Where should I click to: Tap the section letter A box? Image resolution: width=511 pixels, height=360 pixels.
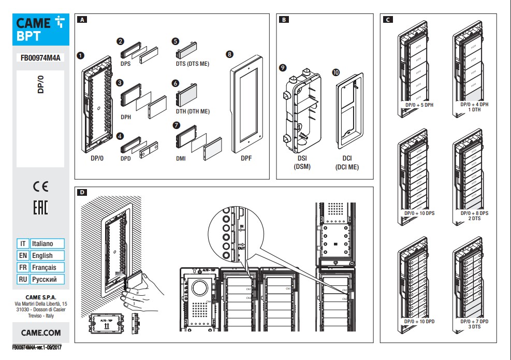(x=81, y=20)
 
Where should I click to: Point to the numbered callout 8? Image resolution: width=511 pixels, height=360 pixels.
(x=229, y=54)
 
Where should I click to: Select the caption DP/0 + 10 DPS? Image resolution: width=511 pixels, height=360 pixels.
(x=419, y=213)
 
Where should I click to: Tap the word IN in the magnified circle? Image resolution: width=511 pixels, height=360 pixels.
(x=241, y=226)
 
